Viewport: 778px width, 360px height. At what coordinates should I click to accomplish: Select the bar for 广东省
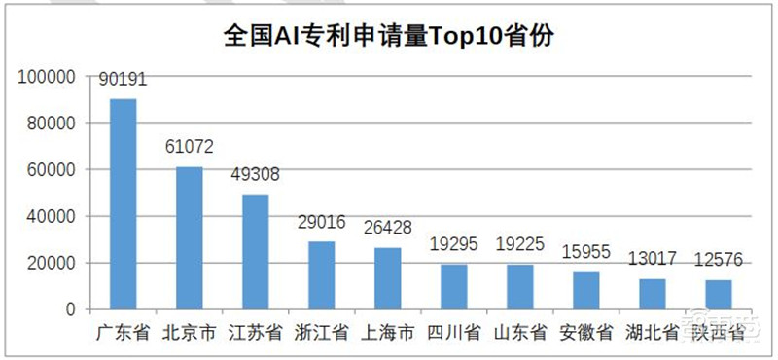coord(123,204)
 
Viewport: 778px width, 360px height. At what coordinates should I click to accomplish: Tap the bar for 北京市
coord(189,238)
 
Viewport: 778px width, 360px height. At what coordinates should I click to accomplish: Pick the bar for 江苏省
coord(255,252)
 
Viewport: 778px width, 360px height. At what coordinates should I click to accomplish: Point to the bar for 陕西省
coord(718,294)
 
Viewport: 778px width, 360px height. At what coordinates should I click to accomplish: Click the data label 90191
coord(123,80)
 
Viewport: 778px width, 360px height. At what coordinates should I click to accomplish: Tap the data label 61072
coord(189,148)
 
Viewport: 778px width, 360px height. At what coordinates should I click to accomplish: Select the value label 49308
coord(255,175)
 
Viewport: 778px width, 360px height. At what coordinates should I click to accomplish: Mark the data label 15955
coord(585,253)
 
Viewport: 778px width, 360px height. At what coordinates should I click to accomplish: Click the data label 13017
coord(652,260)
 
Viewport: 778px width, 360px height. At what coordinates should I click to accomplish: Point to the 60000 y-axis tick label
coord(51,170)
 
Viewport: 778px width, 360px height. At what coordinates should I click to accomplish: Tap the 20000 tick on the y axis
coord(51,263)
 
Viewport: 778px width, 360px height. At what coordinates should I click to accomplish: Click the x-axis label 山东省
coord(519,333)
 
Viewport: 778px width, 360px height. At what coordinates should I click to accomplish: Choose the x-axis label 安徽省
coord(585,333)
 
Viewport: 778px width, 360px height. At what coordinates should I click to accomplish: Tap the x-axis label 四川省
coord(453,333)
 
